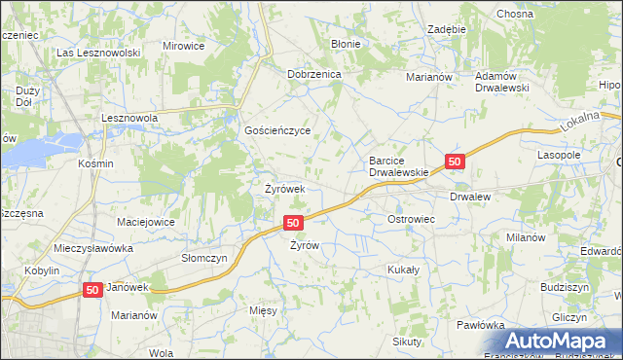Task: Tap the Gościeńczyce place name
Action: [x=277, y=129]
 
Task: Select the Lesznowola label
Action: [x=130, y=118]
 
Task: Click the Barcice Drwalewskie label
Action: [x=399, y=166]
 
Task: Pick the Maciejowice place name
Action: [x=146, y=222]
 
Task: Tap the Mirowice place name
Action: [x=183, y=46]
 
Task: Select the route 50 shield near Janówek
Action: [x=92, y=290]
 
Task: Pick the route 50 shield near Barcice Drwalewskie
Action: [x=455, y=161]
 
